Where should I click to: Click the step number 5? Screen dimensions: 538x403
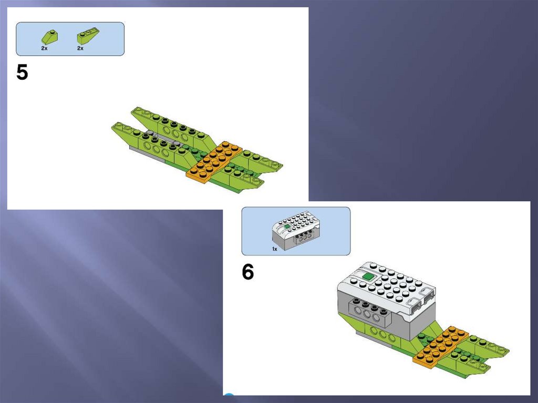(22, 73)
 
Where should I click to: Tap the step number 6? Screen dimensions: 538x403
(248, 272)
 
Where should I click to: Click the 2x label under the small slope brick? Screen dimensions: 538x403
(44, 48)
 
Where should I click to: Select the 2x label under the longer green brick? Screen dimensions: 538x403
(80, 48)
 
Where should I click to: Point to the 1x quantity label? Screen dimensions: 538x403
(274, 249)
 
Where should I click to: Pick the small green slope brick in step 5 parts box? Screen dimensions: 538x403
(50, 37)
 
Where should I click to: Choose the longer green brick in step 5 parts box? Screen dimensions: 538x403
(88, 36)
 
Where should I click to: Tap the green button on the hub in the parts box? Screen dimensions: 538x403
(287, 227)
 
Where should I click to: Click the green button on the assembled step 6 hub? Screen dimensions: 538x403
(368, 276)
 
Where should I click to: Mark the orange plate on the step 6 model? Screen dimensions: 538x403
(441, 347)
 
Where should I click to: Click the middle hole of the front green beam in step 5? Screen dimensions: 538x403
(157, 149)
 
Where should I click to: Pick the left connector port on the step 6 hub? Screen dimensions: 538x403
(415, 303)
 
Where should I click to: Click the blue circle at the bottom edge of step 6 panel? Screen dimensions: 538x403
(229, 395)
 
